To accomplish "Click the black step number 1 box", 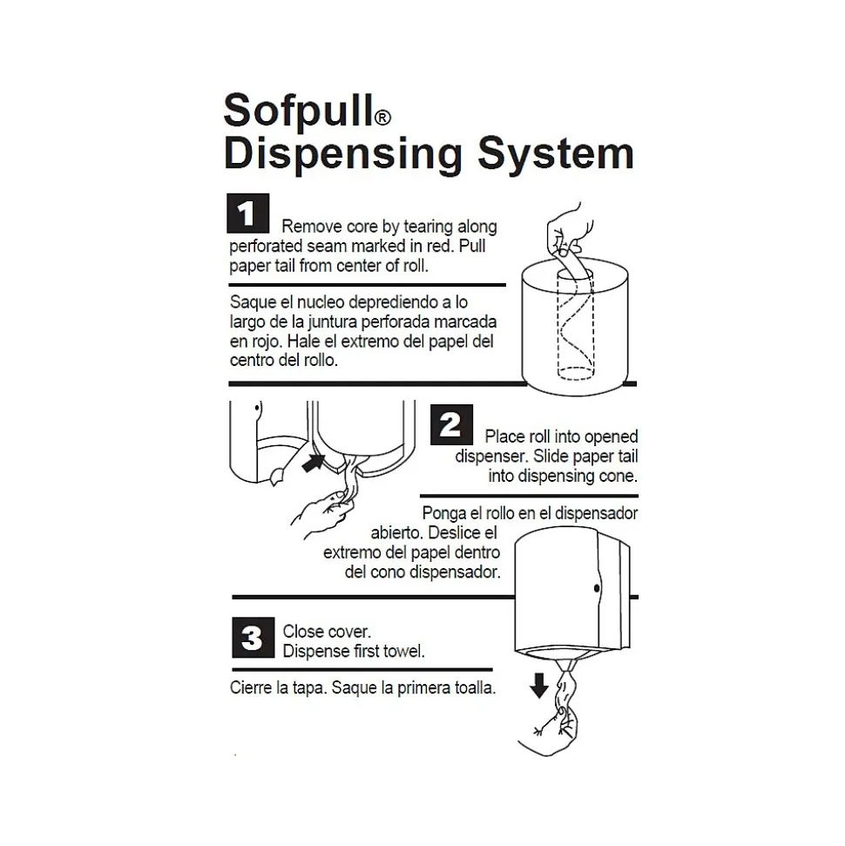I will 247,214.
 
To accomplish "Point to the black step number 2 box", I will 451,425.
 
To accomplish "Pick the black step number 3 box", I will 252,639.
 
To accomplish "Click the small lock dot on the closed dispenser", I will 597,588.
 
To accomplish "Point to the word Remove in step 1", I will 307,227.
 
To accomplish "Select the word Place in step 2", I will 505,437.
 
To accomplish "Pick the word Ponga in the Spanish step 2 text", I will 443,513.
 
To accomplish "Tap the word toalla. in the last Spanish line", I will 474,687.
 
